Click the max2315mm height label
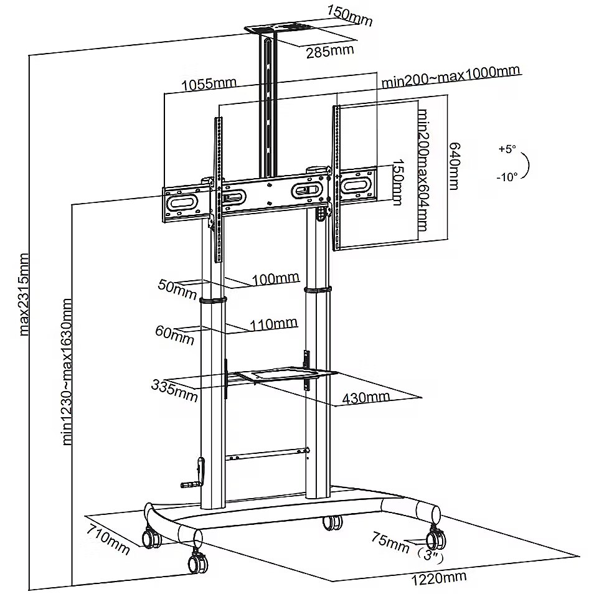(24, 294)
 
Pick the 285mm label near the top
(329, 51)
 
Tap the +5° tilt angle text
(507, 149)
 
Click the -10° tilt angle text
(507, 177)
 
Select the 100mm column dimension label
(275, 278)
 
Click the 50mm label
(177, 288)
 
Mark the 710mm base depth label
(108, 539)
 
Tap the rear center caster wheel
(332, 522)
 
